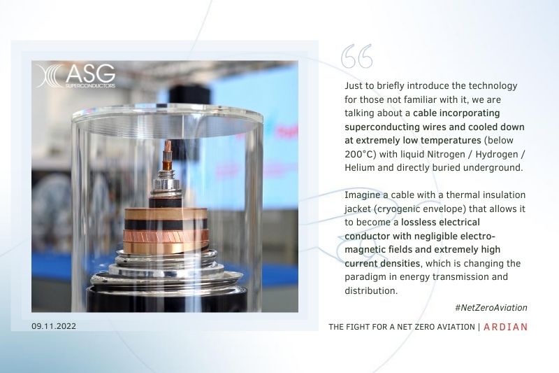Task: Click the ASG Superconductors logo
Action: click(76, 76)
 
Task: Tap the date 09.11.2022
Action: click(54, 326)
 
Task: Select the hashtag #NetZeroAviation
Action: click(491, 308)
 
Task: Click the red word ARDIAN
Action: click(505, 327)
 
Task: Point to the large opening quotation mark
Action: click(356, 57)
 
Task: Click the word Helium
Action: click(359, 168)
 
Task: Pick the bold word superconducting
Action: click(377, 127)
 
